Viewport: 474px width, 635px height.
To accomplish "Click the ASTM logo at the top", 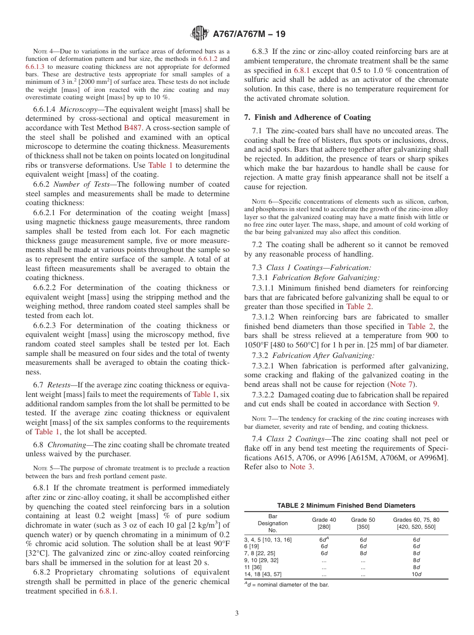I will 200,34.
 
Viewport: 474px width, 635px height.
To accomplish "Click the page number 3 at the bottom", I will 237,613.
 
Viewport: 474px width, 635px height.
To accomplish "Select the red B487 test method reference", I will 132,127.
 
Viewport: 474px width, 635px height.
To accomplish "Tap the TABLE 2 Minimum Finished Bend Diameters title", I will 346,506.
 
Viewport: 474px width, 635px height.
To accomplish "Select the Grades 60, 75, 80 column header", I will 416,523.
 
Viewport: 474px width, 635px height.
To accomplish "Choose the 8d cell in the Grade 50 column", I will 363,553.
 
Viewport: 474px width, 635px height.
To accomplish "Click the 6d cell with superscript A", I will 324,539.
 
